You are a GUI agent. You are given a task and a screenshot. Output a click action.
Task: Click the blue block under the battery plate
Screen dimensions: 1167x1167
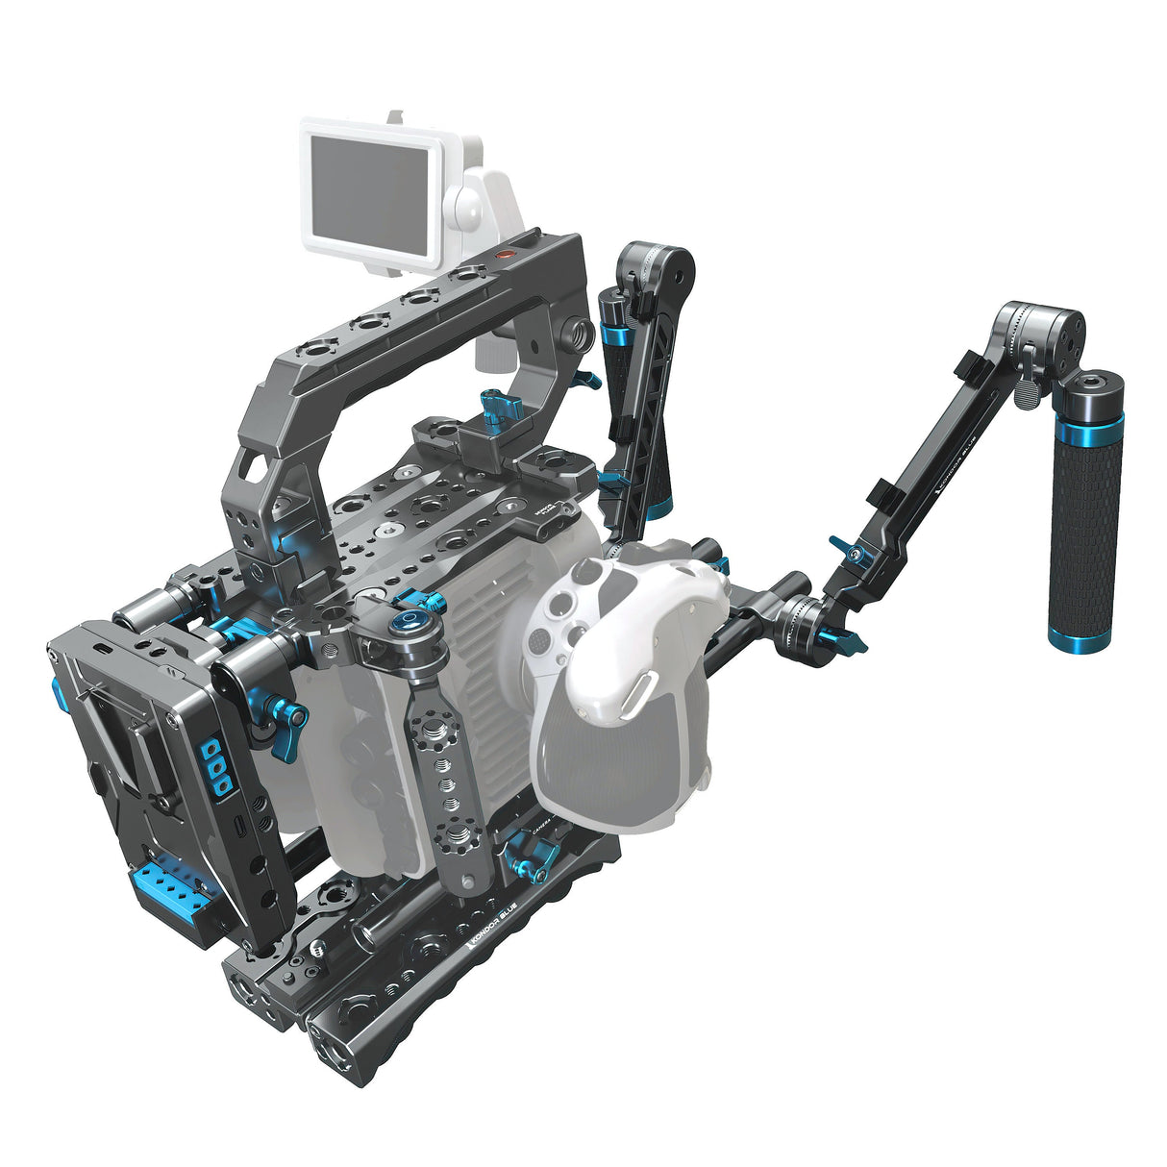tap(164, 891)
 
